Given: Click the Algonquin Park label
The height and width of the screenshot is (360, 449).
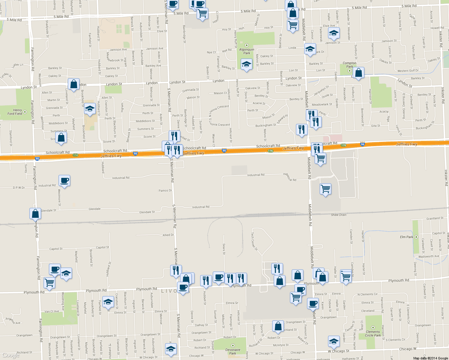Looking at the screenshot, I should coord(247,51).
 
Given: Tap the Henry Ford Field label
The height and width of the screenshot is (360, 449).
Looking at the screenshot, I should coord(15,112).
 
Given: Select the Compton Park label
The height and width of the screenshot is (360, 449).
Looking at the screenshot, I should coord(349,65).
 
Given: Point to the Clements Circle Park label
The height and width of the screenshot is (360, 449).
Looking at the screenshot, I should coord(373,334).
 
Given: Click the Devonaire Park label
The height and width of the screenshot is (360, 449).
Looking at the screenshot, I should coord(233,351).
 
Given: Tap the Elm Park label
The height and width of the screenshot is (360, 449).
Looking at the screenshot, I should coord(406,237).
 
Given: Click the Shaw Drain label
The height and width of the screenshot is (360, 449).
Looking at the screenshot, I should coord(339,215).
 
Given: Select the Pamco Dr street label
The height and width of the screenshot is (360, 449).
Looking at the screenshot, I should coord(165,190).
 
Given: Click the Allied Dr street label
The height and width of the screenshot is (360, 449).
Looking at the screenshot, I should coord(168,235).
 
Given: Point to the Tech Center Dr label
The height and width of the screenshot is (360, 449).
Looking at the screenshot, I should coord(254,241).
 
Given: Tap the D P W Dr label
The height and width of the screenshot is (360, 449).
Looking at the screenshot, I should coord(19,188).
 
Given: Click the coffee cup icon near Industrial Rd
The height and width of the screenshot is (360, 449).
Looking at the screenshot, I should coord(64,181).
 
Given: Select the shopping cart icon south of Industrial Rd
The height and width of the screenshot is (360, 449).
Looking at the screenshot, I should coord(325,189).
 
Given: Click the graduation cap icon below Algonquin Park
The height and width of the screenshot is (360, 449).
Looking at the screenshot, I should coord(246,64).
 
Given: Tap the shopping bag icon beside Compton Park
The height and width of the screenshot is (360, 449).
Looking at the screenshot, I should coord(358,73).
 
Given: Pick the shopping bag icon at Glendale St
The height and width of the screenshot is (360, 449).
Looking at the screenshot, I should coord(35,214).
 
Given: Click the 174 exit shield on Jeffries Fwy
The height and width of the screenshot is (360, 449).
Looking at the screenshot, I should coord(75,155).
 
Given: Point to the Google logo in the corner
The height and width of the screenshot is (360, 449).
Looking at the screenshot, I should coord(11,355).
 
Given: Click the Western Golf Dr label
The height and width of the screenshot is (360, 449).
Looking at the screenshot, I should coord(408,71).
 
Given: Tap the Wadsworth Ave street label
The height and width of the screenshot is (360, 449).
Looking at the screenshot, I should coord(429,256).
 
